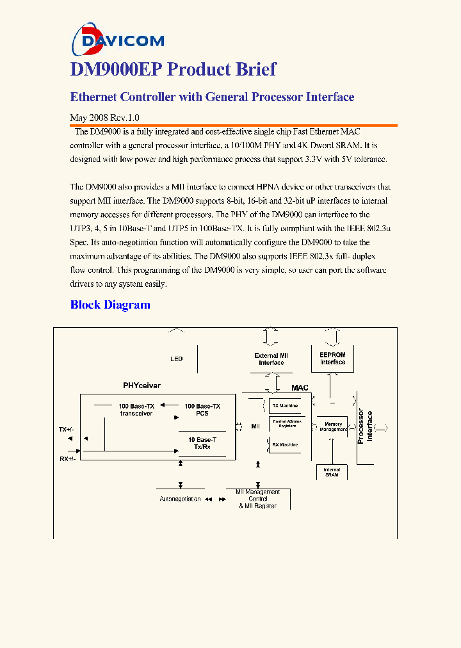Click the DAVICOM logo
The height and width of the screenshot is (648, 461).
pyautogui.click(x=118, y=39)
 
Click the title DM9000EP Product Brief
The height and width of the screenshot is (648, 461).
pyautogui.click(x=174, y=70)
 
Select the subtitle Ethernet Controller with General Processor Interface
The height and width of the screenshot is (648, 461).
pyautogui.click(x=212, y=97)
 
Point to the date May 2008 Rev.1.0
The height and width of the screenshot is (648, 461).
pyautogui.click(x=104, y=118)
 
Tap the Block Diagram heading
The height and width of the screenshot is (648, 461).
pyautogui.click(x=110, y=305)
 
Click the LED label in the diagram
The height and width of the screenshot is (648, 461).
pyautogui.click(x=176, y=359)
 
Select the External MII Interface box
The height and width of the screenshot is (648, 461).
pyautogui.click(x=271, y=359)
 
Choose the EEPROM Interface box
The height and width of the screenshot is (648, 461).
pyautogui.click(x=332, y=359)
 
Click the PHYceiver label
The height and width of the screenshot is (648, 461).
pyautogui.click(x=142, y=385)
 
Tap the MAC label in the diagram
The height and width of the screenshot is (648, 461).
pyautogui.click(x=300, y=388)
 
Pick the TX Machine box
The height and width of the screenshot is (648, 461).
pyautogui.click(x=284, y=405)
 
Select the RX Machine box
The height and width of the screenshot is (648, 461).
pyautogui.click(x=284, y=444)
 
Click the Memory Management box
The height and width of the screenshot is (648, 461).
pyautogui.click(x=333, y=426)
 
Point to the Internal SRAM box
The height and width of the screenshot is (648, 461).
pyautogui.click(x=332, y=472)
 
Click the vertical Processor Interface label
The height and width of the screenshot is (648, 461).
pyautogui.click(x=365, y=426)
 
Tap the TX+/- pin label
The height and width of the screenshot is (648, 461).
pyautogui.click(x=67, y=429)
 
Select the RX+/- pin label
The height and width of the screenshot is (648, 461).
pyautogui.click(x=67, y=458)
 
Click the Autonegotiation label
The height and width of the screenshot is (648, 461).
pyautogui.click(x=180, y=499)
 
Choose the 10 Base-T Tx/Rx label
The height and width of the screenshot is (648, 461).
pyautogui.click(x=202, y=443)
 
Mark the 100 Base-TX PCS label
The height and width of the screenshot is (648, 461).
pyautogui.click(x=202, y=410)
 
